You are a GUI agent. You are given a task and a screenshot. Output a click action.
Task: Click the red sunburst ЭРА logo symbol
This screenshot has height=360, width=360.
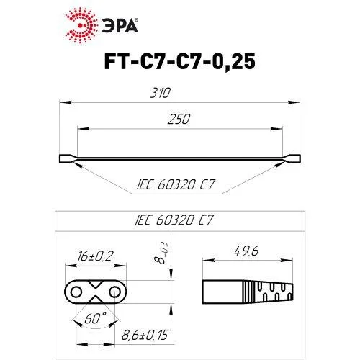[x=81, y=25]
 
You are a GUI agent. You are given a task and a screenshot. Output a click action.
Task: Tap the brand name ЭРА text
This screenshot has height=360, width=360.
[x=120, y=25]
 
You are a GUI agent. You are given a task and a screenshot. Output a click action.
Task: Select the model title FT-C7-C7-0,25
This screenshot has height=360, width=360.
[x=180, y=61]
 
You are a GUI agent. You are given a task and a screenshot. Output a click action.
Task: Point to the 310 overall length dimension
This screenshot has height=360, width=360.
[x=161, y=93]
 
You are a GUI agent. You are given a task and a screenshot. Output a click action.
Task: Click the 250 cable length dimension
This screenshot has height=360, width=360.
[x=179, y=119]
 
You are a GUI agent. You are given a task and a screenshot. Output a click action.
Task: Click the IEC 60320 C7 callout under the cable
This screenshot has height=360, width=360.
[x=176, y=184]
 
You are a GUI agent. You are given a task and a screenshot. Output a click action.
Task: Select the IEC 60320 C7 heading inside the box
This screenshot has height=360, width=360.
[x=174, y=220]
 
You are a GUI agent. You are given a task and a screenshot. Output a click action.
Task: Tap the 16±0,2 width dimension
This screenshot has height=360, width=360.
[x=95, y=256]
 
